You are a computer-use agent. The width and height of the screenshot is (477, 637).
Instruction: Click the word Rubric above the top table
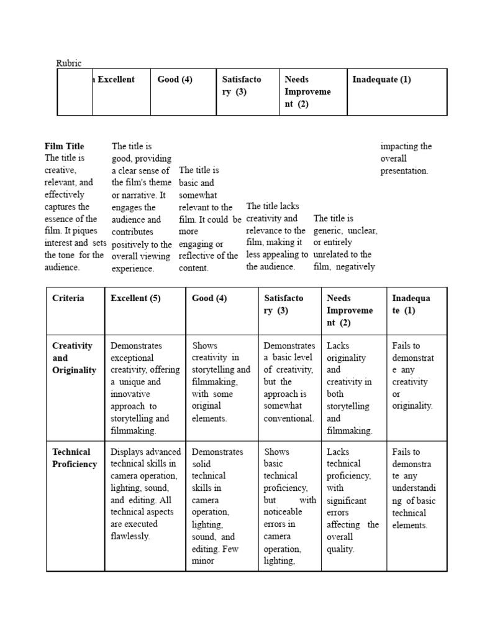[69, 63]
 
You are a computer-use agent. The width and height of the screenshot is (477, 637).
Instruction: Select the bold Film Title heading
[64, 146]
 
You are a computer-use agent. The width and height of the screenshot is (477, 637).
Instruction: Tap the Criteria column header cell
[68, 298]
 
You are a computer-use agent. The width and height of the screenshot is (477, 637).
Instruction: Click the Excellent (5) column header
[135, 298]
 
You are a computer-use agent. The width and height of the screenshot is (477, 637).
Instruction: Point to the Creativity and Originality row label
[74, 358]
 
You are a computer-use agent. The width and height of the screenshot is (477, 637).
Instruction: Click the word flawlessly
[130, 536]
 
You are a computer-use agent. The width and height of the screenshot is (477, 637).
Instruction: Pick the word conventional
[288, 418]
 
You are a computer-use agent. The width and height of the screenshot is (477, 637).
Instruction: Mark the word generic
[327, 230]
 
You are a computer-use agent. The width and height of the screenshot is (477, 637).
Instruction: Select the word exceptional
[132, 358]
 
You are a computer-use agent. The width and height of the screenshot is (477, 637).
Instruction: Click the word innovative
[130, 394]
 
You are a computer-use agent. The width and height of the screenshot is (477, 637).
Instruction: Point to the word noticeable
[283, 512]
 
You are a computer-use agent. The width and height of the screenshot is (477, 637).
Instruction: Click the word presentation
[404, 170]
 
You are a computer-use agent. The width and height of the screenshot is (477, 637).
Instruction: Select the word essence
[58, 219]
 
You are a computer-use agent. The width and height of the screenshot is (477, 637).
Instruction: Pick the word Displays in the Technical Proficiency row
[127, 452]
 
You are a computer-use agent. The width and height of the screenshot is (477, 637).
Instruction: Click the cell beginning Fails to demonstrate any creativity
[412, 376]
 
